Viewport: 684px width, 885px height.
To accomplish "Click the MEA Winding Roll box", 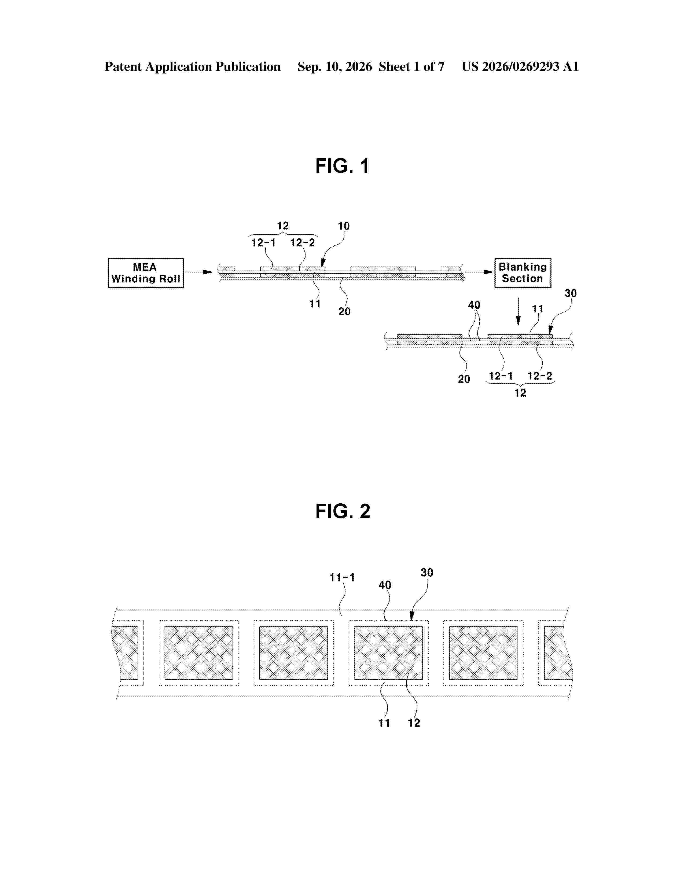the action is click(145, 273).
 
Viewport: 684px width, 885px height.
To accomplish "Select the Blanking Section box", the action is click(523, 273).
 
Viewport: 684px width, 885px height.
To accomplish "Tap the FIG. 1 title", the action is click(343, 166).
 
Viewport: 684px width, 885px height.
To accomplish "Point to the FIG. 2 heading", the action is click(343, 511).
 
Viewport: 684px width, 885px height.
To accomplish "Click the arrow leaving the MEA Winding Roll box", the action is click(198, 272).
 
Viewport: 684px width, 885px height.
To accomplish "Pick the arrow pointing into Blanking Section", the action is click(479, 272).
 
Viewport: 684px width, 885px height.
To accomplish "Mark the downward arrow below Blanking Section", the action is click(518, 312).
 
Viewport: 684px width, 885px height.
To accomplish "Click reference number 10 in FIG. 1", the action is click(344, 226).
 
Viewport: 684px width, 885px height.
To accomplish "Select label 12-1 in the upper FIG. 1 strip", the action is click(263, 243).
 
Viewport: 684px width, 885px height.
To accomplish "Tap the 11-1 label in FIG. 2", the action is click(342, 578).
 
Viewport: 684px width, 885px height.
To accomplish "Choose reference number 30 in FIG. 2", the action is click(427, 573).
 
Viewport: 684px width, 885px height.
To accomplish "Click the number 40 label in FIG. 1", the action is click(474, 305).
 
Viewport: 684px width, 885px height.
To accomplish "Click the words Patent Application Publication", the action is click(193, 67).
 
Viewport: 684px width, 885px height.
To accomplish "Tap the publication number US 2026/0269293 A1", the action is click(520, 67).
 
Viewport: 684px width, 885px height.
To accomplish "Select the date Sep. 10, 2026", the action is click(335, 67).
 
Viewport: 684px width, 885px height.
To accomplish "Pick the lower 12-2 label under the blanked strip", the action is click(540, 376).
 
